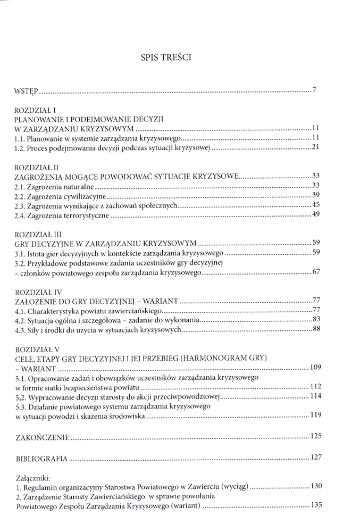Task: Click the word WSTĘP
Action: click(x=25, y=91)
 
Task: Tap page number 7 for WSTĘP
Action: click(x=315, y=89)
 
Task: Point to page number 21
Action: click(x=314, y=147)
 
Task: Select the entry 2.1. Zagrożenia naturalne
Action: click(x=54, y=186)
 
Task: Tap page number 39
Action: click(x=314, y=195)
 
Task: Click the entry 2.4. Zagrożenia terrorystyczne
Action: click(x=62, y=215)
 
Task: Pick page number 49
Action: click(x=314, y=214)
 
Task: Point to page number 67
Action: click(x=315, y=272)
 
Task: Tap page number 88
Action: click(x=315, y=330)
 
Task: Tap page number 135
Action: click(x=316, y=505)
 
